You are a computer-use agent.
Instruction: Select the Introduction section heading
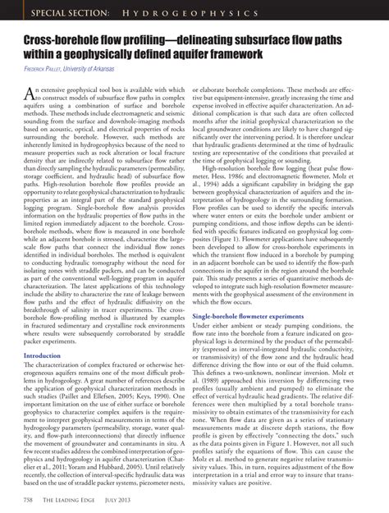tap(48, 356)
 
